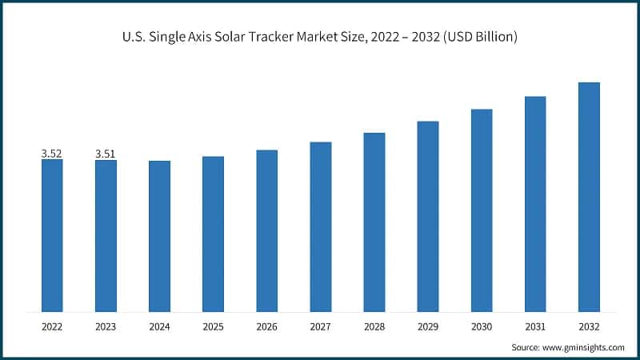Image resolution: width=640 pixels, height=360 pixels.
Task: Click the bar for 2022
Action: tap(52, 235)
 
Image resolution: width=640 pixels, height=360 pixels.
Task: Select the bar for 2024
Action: tap(159, 236)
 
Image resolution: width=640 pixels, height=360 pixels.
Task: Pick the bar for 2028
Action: tap(374, 222)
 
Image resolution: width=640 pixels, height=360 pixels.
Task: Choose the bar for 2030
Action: tap(482, 210)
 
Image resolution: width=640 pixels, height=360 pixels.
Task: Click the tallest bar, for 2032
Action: tap(589, 197)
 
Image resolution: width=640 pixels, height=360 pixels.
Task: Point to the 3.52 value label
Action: tap(52, 153)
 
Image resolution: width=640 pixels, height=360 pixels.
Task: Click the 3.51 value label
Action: tap(106, 154)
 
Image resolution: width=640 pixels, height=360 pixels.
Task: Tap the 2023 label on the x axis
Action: tap(106, 326)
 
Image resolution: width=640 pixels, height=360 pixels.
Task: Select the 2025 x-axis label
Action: tap(213, 326)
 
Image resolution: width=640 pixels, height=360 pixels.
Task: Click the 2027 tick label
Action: tap(320, 326)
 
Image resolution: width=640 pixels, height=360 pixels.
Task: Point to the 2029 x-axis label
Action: tap(427, 326)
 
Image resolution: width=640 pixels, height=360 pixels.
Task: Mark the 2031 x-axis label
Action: tap(535, 326)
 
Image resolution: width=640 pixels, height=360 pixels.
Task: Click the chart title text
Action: tap(320, 37)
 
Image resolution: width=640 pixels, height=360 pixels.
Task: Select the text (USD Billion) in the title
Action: tap(477, 37)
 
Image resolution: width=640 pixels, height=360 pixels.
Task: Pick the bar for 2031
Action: tap(535, 204)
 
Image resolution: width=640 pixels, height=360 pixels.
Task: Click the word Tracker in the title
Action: tap(288, 37)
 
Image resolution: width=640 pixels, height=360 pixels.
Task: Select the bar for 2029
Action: tap(427, 216)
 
